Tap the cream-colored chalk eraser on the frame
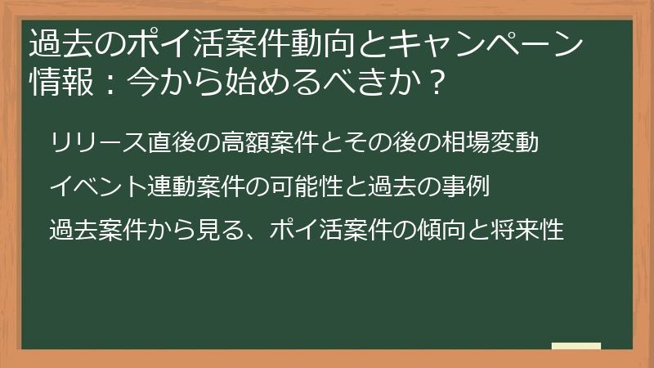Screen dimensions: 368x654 576,346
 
